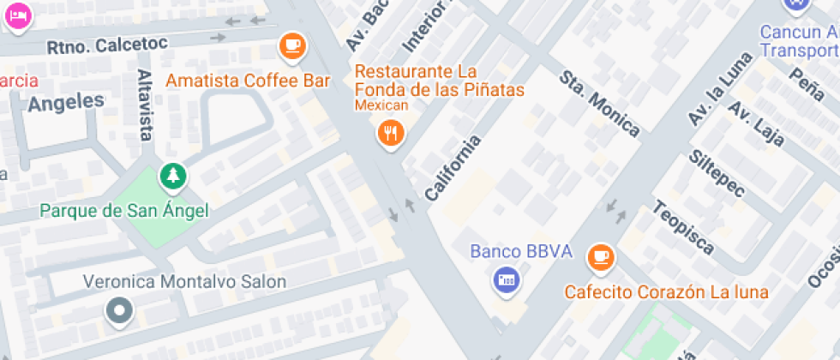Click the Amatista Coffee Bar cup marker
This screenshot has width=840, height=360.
tap(293, 45)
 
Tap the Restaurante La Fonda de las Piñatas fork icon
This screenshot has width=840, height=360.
tap(392, 132)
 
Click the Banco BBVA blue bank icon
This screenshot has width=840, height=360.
tap(506, 279)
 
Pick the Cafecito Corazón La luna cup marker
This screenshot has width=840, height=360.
tap(601, 256)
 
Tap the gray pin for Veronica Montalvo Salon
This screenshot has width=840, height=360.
tap(119, 310)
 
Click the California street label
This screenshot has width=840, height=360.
tap(453, 167)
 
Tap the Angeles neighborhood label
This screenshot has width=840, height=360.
tap(65, 102)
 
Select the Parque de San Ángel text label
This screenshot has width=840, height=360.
tap(123, 210)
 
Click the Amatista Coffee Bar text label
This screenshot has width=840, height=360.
tap(248, 81)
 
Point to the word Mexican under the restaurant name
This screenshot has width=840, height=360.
tap(381, 106)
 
